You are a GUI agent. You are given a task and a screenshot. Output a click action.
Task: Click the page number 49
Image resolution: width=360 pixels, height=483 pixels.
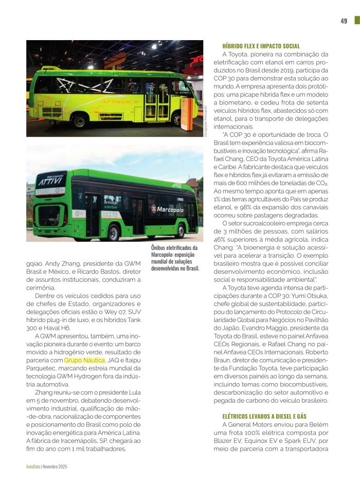point(344,21)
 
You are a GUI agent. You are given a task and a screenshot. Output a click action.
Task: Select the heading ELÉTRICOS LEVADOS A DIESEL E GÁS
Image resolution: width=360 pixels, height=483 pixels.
point(264,416)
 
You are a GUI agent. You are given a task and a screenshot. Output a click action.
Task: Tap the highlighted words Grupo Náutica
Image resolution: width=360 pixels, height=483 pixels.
point(84,361)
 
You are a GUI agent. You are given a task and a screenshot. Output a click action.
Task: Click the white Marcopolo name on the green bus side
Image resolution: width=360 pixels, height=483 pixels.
point(168,209)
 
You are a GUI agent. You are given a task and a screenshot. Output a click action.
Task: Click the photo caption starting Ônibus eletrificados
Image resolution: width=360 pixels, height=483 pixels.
point(175,258)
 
